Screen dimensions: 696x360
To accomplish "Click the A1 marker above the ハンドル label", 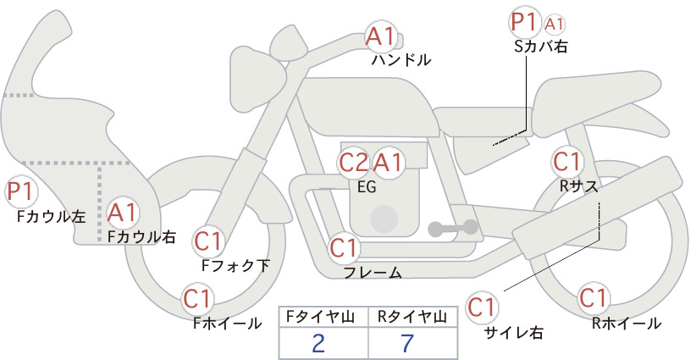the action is (381, 36).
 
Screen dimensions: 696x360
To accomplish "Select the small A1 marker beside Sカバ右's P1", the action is (555, 25).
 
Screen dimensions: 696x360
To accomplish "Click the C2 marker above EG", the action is (354, 163).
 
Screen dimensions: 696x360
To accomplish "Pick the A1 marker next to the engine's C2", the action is (388, 163).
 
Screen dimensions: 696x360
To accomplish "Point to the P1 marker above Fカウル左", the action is (21, 191).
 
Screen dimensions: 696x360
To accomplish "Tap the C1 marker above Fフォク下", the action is (208, 242).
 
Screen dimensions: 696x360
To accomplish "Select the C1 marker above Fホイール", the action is (197, 299).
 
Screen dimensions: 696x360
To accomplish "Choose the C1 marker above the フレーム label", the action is (344, 247).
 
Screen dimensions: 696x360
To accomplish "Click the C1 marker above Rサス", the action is (566, 162).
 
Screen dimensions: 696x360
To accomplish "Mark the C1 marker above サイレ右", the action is (482, 307).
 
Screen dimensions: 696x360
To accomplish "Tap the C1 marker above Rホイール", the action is (594, 298).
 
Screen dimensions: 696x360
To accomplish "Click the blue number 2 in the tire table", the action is (318, 343).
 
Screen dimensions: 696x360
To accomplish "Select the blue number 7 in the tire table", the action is (406, 343).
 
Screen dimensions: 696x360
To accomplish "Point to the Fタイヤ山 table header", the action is (320, 317).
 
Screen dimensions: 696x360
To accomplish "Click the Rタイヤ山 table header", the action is (412, 317).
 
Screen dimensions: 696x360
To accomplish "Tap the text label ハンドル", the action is (401, 60).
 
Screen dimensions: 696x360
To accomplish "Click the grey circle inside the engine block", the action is (384, 219).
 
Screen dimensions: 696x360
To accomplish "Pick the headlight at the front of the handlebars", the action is (258, 81).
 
